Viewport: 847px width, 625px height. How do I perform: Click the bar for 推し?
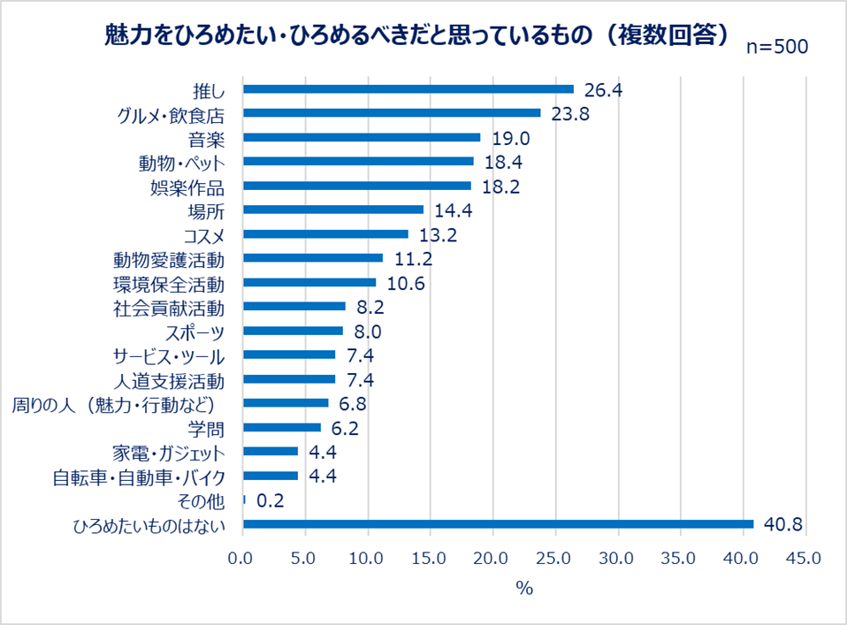[408, 89]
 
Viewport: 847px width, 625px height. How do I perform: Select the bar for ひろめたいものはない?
[498, 524]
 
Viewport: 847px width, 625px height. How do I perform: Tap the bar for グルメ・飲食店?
[392, 113]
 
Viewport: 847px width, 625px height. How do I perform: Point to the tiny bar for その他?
[244, 500]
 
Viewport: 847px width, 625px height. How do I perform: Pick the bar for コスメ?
[325, 234]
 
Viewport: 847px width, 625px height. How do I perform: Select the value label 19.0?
[510, 138]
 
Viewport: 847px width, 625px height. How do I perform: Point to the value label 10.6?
[406, 283]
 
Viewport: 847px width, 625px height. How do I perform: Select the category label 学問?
[207, 429]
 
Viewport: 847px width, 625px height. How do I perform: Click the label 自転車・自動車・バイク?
[138, 477]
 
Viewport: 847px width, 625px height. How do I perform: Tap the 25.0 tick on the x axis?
[555, 560]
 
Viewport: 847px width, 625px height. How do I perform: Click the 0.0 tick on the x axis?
[243, 560]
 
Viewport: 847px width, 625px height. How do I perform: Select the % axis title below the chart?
[524, 589]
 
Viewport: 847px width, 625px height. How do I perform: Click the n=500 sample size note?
[777, 48]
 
